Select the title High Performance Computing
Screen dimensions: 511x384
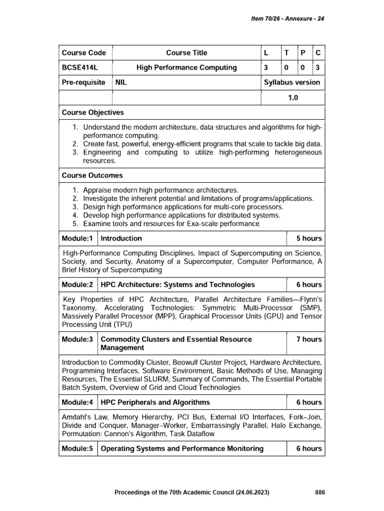click(x=187, y=68)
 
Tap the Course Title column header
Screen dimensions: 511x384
click(x=186, y=53)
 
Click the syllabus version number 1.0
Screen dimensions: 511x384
click(x=292, y=98)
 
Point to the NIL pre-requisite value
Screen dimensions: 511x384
click(x=121, y=82)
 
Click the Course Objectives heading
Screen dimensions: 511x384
click(x=92, y=113)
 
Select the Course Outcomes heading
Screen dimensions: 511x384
click(x=92, y=176)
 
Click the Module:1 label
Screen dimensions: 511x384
click(x=77, y=239)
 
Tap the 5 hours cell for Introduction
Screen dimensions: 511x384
click(x=309, y=239)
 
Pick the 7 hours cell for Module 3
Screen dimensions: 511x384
click(x=309, y=339)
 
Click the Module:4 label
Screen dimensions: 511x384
click(x=77, y=402)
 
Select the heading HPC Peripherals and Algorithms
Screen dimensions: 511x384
click(x=155, y=402)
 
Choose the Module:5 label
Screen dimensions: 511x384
click(x=77, y=449)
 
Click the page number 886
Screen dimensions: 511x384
click(x=320, y=493)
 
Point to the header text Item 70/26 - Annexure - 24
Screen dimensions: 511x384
click(x=287, y=18)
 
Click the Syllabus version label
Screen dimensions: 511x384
click(x=292, y=82)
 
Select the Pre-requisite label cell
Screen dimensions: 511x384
click(x=83, y=82)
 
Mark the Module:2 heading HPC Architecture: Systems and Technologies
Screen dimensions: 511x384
click(x=177, y=284)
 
